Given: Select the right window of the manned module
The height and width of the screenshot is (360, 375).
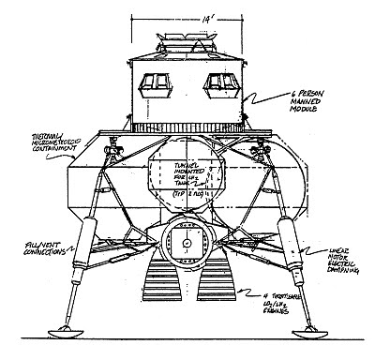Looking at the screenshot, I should coord(224,84).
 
